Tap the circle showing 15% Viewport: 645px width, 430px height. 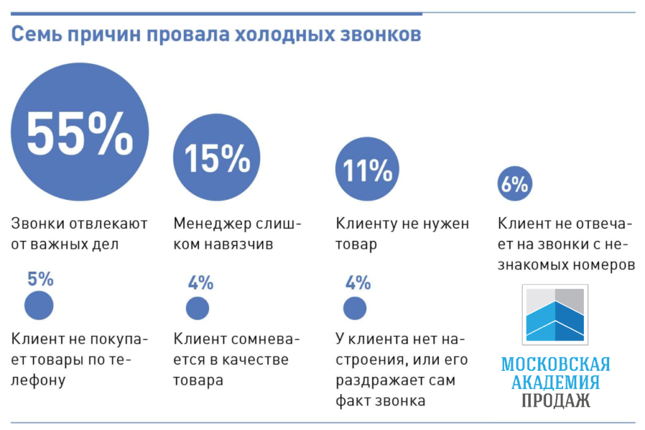[x=217, y=158]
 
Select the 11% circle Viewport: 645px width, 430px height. [x=367, y=169]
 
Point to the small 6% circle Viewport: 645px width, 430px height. [x=514, y=184]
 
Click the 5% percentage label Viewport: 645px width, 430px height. [x=40, y=279]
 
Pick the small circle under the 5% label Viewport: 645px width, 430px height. [x=39, y=306]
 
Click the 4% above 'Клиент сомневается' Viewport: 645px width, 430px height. [x=200, y=283]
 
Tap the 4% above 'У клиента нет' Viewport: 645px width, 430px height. [x=358, y=283]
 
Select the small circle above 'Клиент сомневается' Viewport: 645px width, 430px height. [x=198, y=308]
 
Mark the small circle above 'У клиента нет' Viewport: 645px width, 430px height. [x=355, y=308]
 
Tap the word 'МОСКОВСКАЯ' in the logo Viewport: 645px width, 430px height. [x=555, y=364]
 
